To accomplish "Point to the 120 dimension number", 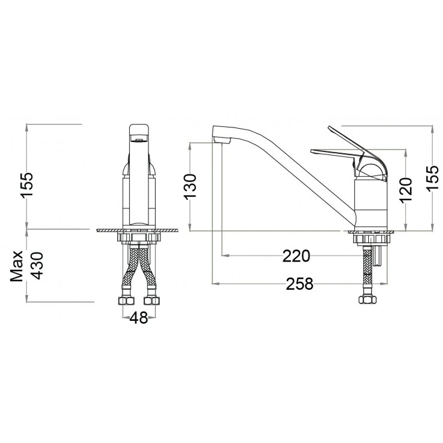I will (406, 191).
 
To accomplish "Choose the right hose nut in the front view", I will (151, 299).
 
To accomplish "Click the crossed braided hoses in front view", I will (138, 269).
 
